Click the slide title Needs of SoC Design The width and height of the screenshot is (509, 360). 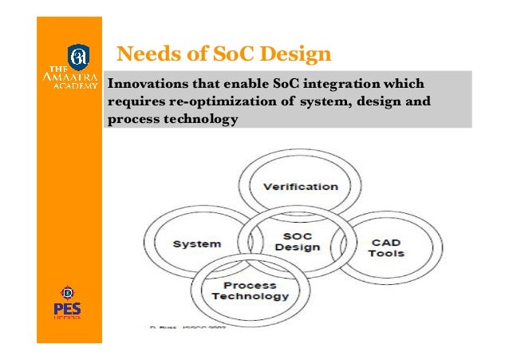(223, 54)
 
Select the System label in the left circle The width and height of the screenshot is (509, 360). (197, 243)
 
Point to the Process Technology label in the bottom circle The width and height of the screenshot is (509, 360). (250, 290)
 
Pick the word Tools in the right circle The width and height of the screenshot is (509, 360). (386, 254)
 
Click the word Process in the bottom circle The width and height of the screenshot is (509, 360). (250, 284)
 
